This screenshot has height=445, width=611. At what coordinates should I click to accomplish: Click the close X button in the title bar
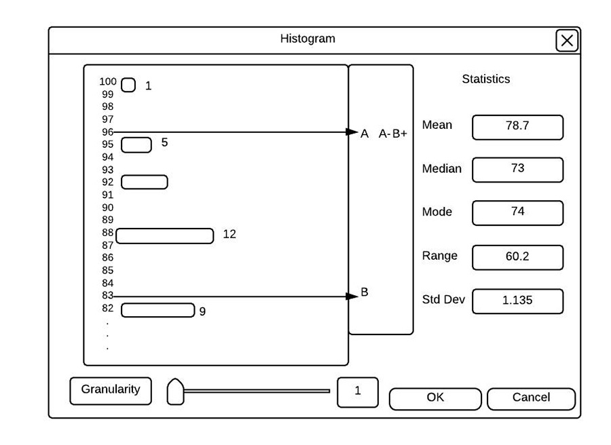click(567, 41)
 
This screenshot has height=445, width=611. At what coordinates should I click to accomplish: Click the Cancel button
click(531, 398)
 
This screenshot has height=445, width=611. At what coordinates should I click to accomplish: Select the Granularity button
click(111, 390)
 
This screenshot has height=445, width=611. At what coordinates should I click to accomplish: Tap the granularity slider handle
click(175, 391)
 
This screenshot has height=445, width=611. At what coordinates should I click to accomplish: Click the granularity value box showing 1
click(357, 391)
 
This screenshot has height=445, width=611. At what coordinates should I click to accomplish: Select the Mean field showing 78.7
click(517, 127)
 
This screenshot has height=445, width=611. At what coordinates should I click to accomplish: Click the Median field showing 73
click(517, 170)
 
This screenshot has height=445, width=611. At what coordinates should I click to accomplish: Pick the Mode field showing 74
click(517, 212)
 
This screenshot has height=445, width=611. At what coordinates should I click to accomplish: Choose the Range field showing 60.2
click(517, 257)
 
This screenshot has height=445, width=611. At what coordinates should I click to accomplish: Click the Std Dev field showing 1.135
click(517, 301)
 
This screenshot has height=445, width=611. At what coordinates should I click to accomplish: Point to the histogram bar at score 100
click(128, 85)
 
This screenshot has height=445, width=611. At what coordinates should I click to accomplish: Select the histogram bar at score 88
click(165, 235)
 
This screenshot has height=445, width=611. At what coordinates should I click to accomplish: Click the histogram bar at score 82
click(158, 310)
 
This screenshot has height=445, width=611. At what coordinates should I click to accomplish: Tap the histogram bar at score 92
click(144, 182)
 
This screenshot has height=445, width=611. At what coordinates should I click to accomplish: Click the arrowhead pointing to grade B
click(352, 296)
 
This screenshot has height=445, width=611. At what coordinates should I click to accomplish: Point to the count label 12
click(229, 234)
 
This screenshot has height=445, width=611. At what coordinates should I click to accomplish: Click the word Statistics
click(485, 79)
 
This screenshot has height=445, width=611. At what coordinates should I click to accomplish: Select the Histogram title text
click(308, 39)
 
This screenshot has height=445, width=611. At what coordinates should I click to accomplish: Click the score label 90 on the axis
click(108, 207)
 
